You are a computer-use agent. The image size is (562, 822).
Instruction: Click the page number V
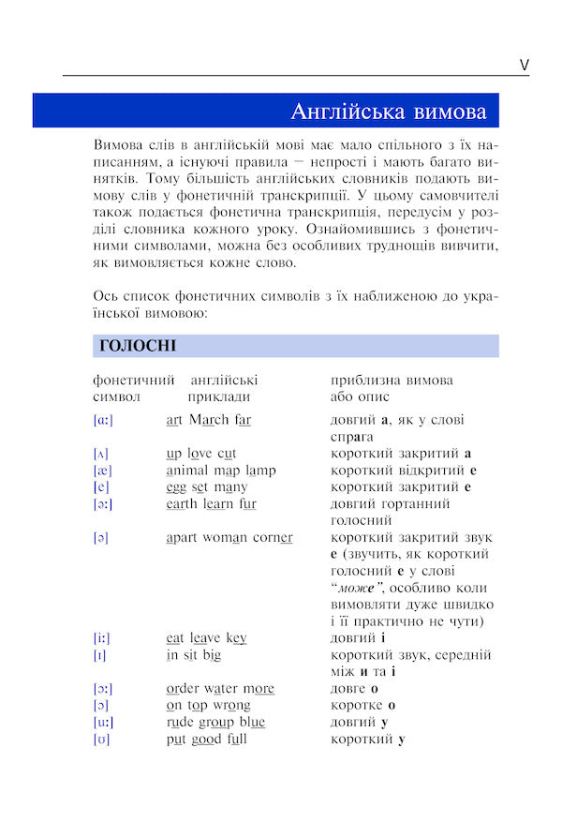[524, 65]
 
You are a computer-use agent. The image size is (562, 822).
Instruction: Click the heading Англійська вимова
[388, 112]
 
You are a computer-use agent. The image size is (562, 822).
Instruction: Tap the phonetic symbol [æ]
[102, 471]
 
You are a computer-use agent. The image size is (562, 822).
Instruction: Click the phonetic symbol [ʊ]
[102, 740]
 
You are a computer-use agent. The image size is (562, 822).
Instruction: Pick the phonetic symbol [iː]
[102, 638]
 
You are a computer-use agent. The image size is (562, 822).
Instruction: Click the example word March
[209, 420]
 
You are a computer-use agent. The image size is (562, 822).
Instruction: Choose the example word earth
[184, 504]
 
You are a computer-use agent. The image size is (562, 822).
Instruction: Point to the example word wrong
[231, 706]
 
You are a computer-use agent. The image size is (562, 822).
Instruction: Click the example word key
[236, 638]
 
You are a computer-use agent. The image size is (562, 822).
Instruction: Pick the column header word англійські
[224, 381]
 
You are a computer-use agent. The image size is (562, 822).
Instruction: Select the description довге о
[354, 689]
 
